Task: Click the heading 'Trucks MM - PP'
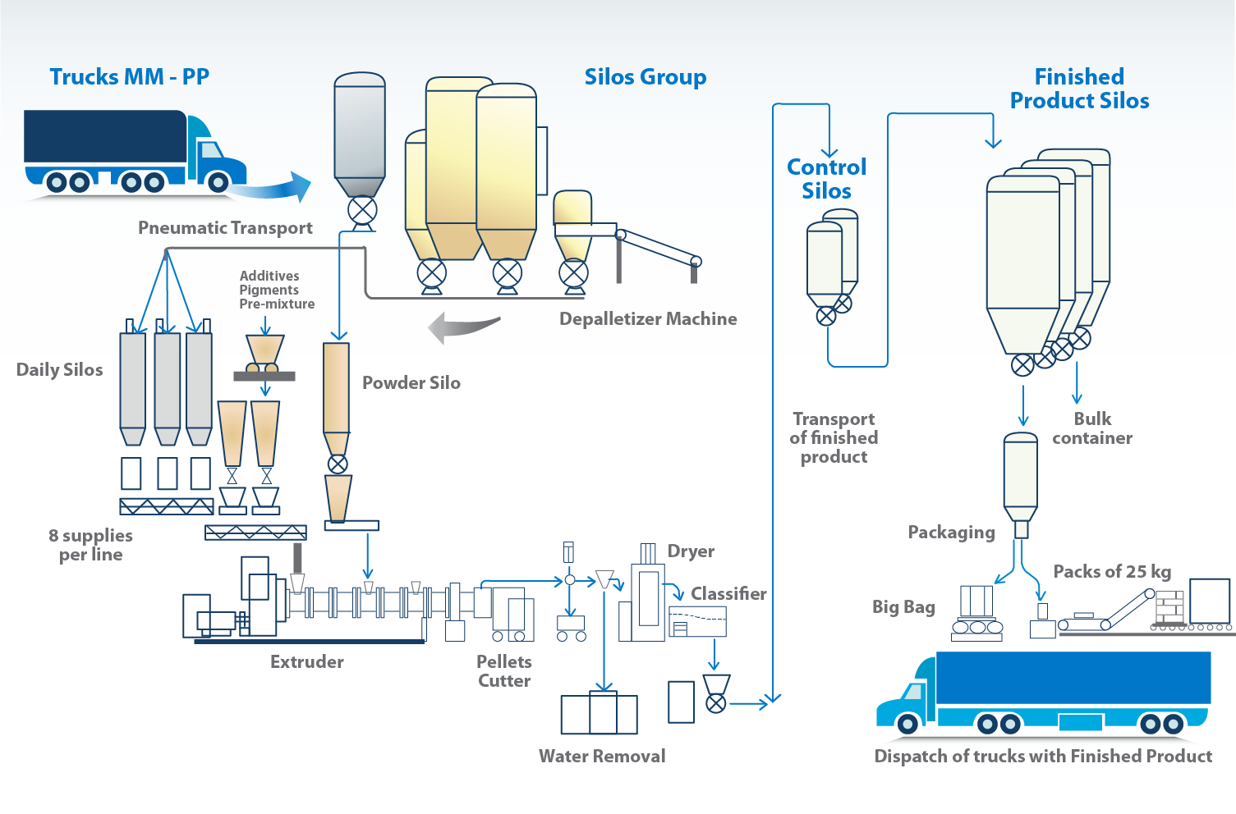point(130,76)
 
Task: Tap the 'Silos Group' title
point(646,77)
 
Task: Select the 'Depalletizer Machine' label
point(648,318)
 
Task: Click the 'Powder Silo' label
point(411,382)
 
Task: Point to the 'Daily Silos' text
point(60,369)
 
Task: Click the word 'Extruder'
point(307,661)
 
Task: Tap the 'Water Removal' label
point(602,756)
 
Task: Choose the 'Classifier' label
point(728,593)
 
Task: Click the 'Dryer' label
point(691,551)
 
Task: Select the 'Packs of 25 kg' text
point(1112,572)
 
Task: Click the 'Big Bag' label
point(904,607)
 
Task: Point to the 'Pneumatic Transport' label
point(225,228)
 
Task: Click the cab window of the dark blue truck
point(210,150)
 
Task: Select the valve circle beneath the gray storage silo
point(362,210)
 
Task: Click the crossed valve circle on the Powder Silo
point(338,464)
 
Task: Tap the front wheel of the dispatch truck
point(907,724)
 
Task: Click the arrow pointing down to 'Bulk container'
point(1077,382)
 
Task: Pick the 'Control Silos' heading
point(826,179)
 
